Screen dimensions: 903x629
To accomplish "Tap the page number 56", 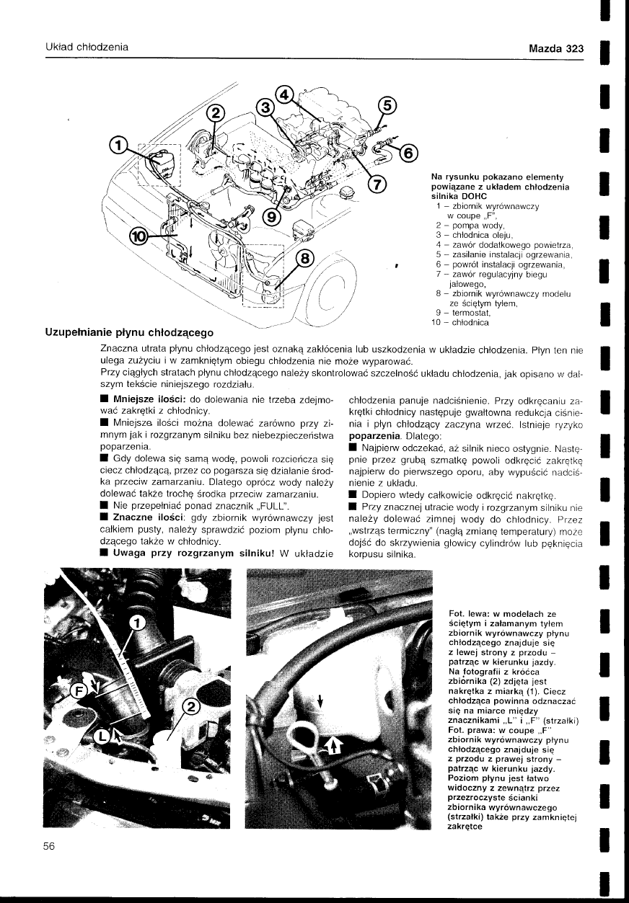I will click(x=49, y=847).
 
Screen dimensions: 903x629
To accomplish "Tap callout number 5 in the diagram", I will click(x=386, y=105).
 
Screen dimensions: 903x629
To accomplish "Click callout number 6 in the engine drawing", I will click(x=408, y=153).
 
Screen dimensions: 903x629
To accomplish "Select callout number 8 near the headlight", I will click(x=306, y=258).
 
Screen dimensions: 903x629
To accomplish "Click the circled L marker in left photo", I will click(x=104, y=736).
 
